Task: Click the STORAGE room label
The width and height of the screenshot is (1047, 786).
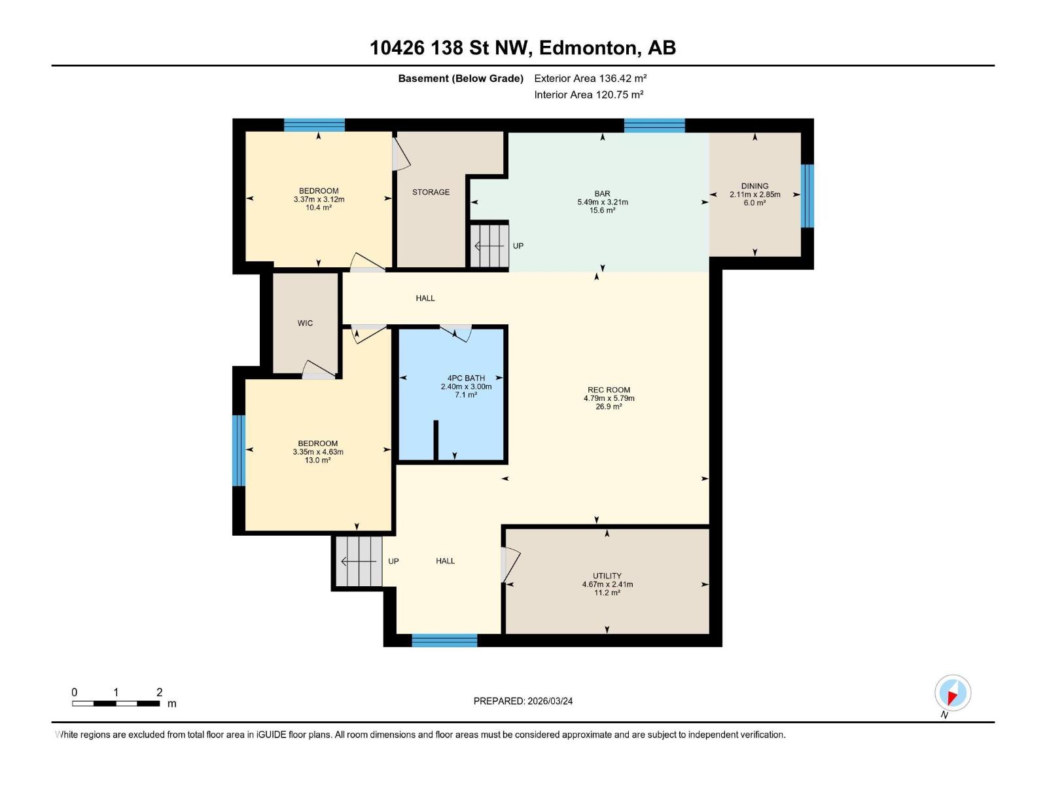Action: tap(431, 192)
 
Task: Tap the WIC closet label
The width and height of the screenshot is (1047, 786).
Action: tap(305, 323)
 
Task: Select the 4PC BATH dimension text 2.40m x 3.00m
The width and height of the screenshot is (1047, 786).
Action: tap(466, 386)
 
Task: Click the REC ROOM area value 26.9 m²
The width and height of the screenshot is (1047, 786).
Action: tap(609, 407)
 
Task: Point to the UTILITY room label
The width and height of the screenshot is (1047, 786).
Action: tap(607, 576)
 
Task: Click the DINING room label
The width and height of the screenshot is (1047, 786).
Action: tap(754, 186)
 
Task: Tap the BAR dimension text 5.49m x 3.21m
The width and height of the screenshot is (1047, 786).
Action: tap(602, 202)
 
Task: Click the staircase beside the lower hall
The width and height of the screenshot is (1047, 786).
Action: tap(359, 561)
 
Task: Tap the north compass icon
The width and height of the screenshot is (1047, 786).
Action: tap(952, 693)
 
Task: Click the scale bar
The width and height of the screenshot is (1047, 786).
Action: tap(116, 703)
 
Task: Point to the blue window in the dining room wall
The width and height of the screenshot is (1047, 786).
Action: tap(807, 196)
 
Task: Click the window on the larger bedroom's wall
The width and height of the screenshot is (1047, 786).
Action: tap(240, 451)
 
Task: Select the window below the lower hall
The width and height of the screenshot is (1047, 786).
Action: tap(444, 641)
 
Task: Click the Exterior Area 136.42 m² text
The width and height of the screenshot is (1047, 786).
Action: tap(590, 78)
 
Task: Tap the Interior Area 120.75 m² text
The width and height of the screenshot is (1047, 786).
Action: tap(588, 94)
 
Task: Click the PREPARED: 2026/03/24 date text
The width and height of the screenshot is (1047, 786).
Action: tap(523, 701)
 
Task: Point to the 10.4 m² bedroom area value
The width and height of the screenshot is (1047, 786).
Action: tap(318, 208)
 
